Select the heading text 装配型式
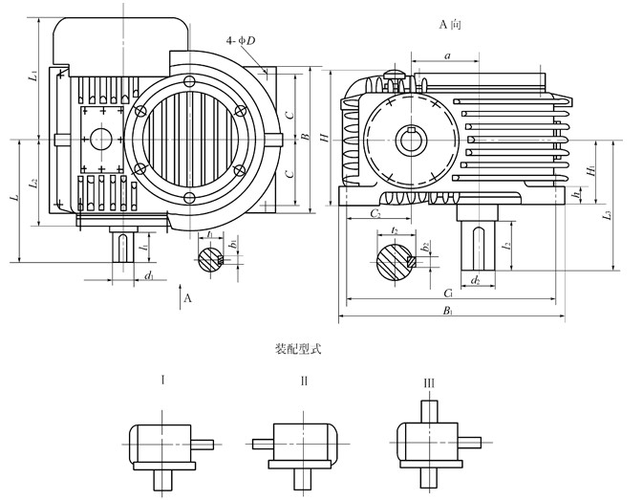pos(295,349)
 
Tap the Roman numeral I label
pos(163,380)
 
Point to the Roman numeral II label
pos(304,380)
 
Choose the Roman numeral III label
pos(429,382)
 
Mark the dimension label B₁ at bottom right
pos(448,312)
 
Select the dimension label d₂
pos(476,281)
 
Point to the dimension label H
pos(326,140)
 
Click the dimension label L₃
pos(606,216)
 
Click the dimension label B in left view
pos(304,138)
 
